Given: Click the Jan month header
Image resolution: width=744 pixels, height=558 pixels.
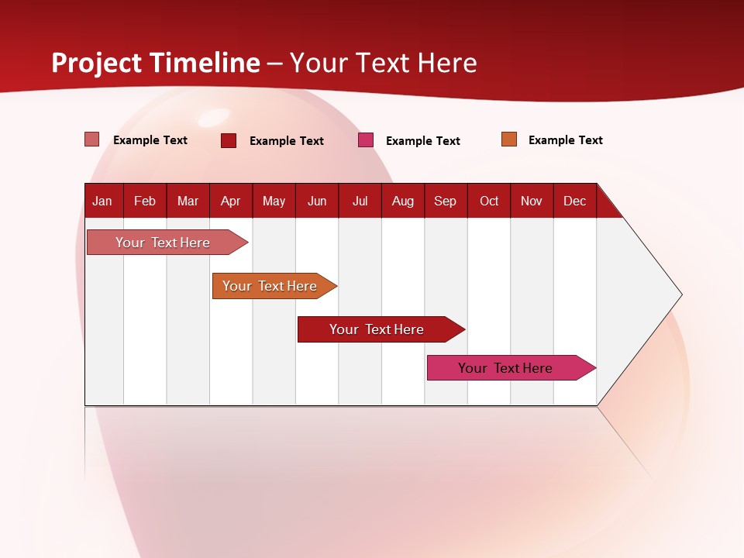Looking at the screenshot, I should point(102,201).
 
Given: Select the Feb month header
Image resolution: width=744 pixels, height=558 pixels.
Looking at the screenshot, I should point(145,201).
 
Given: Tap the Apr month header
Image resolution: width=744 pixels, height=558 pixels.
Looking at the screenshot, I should point(231,201).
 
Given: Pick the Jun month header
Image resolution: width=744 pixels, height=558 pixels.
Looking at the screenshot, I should point(317,201).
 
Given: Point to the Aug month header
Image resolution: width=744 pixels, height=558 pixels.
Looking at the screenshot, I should point(403,201).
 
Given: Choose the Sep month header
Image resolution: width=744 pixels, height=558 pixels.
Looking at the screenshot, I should point(446,201).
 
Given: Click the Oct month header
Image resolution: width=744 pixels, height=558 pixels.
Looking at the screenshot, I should point(489,201).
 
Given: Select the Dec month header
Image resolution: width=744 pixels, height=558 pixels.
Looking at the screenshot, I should point(575,201).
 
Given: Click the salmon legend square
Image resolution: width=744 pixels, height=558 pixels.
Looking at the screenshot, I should point(92,139).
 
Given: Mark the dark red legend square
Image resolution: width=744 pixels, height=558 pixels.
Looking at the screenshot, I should point(229,140).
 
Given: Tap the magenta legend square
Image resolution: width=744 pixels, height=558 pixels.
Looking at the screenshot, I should point(366,140).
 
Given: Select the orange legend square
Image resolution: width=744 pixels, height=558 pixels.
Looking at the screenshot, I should point(509,139).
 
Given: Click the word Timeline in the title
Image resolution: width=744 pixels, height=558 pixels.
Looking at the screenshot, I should point(205,63).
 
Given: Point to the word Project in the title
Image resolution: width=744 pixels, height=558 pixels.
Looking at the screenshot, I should point(97,63).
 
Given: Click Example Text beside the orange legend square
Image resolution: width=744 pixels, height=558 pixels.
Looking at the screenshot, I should point(565,140).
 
